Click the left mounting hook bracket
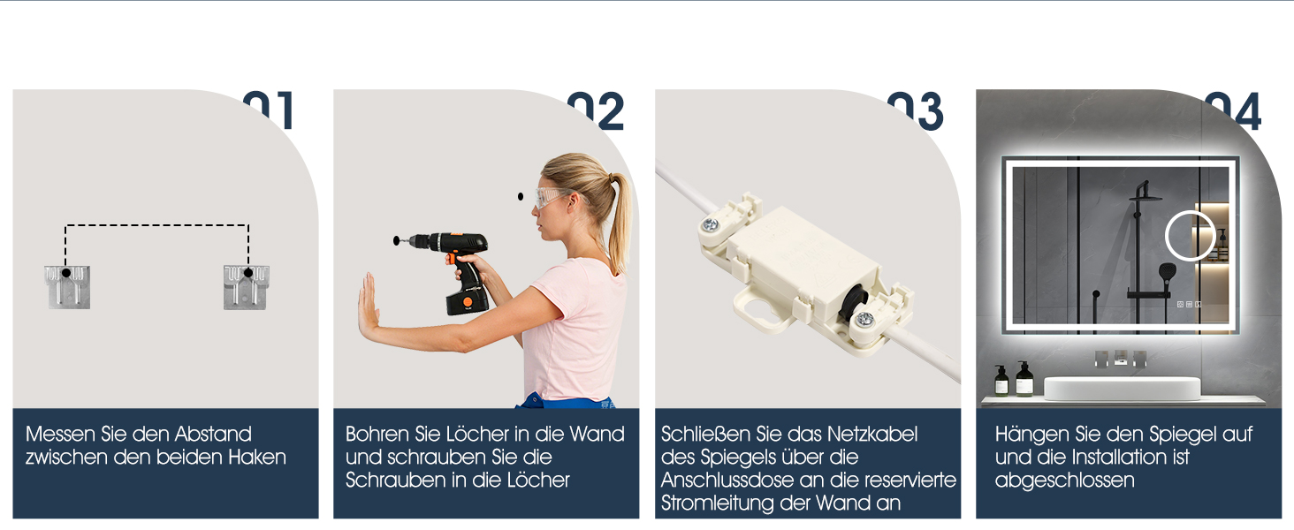67,287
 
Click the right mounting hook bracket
247,287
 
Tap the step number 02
596,110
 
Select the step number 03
916,110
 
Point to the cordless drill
456,269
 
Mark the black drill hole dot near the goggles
521,197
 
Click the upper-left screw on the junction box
710,224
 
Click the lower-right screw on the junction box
864,319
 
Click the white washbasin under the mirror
1122,388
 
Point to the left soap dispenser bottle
1001,381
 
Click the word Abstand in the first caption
213,435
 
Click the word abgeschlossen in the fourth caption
1065,481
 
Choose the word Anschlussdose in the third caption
726,481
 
